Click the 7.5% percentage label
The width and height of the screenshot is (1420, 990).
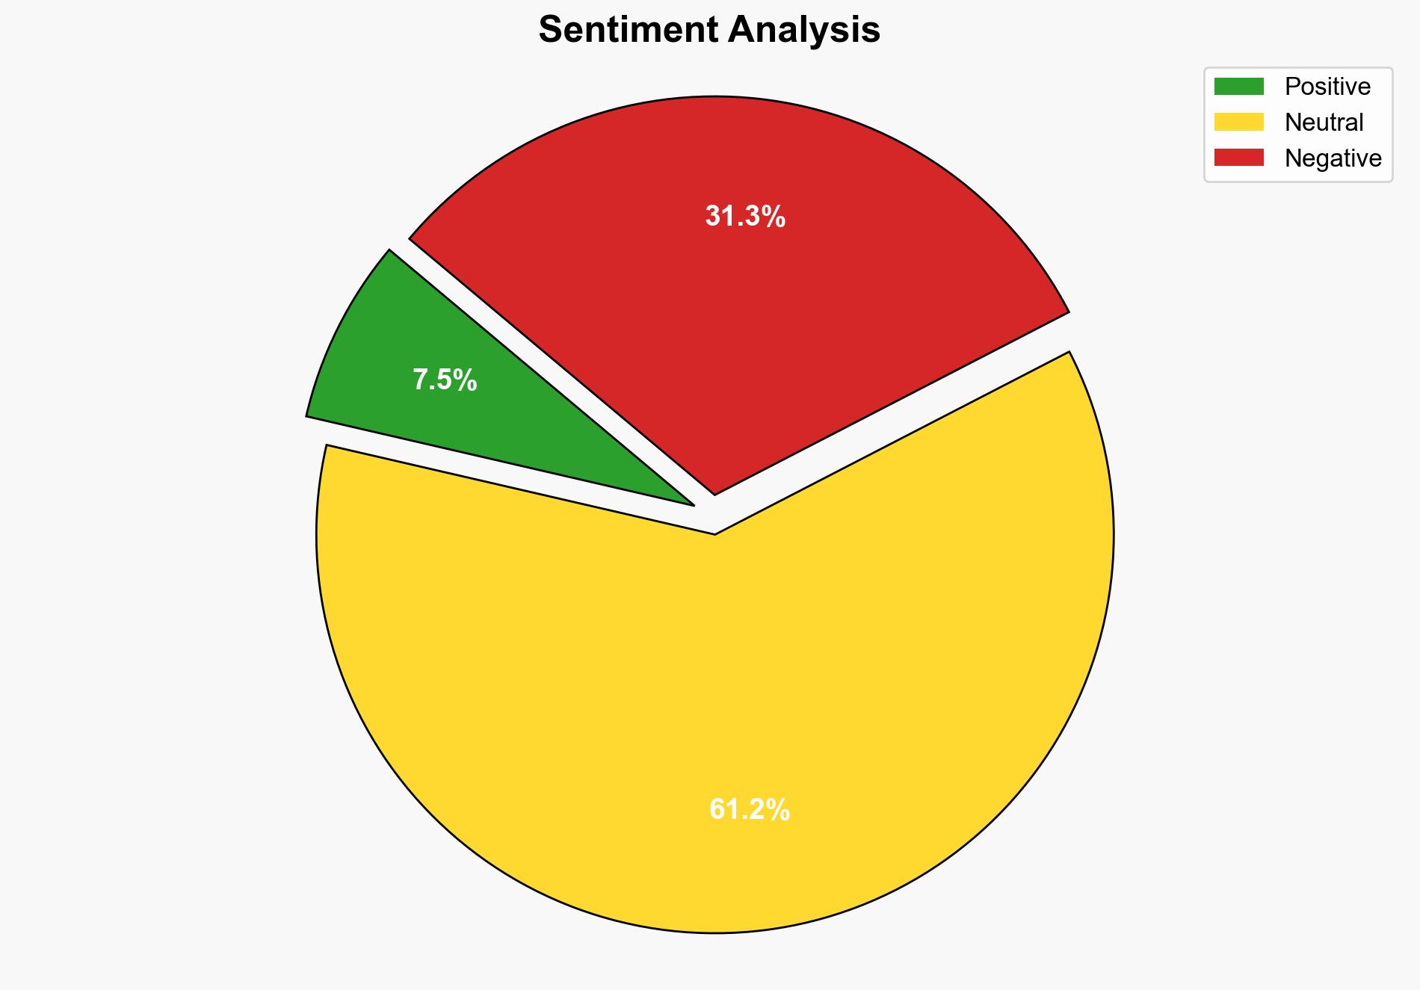pos(445,380)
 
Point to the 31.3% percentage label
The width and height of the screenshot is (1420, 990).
pos(745,217)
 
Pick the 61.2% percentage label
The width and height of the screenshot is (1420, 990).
pos(749,809)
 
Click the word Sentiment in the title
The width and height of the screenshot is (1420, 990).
pos(629,30)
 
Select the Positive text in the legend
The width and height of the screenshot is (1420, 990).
pos(1327,87)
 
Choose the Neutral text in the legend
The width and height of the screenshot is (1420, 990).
pos(1324,123)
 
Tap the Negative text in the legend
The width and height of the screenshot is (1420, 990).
pos(1333,158)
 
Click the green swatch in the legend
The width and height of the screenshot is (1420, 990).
pos(1238,87)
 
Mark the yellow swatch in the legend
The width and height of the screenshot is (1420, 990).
pos(1238,122)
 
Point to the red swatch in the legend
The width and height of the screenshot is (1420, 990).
pos(1238,158)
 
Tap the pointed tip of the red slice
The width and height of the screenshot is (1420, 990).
pos(714,492)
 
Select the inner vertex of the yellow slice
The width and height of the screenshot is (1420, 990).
pos(714,533)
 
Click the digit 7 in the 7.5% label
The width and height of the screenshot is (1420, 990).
pos(420,380)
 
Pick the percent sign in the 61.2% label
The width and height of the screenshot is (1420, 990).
pos(778,809)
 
